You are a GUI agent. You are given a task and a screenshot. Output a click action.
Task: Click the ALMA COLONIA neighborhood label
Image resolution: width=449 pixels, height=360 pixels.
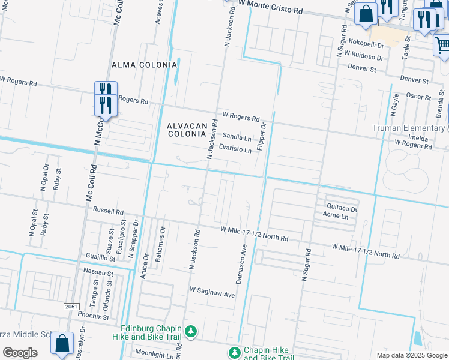click(145, 64)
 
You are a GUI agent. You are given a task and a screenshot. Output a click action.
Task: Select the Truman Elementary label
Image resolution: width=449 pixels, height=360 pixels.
click(408, 128)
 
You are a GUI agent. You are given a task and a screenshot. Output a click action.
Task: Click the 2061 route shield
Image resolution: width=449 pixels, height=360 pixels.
click(71, 307)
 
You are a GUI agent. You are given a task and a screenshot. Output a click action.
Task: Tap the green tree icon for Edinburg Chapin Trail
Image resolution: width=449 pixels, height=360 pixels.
click(191, 332)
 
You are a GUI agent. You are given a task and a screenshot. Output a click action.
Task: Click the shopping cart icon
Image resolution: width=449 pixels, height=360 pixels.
click(442, 45)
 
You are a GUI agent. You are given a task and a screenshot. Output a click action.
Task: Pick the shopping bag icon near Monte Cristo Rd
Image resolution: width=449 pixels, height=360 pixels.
click(366, 13)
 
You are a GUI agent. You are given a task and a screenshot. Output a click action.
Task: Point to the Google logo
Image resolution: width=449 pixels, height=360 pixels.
click(20, 352)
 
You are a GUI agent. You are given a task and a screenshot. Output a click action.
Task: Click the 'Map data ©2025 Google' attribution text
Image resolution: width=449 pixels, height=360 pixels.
click(411, 355)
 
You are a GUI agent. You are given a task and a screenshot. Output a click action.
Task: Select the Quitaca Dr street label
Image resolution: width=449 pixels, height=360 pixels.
click(342, 209)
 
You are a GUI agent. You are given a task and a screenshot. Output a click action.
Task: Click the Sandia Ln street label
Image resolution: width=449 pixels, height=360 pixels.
click(237, 137)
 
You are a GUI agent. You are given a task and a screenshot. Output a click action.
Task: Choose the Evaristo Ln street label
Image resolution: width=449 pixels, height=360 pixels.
click(235, 149)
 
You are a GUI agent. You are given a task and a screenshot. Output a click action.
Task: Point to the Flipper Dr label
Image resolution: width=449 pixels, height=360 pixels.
click(261, 137)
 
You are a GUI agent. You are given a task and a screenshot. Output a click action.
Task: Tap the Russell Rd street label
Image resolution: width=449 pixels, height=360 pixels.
click(108, 212)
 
